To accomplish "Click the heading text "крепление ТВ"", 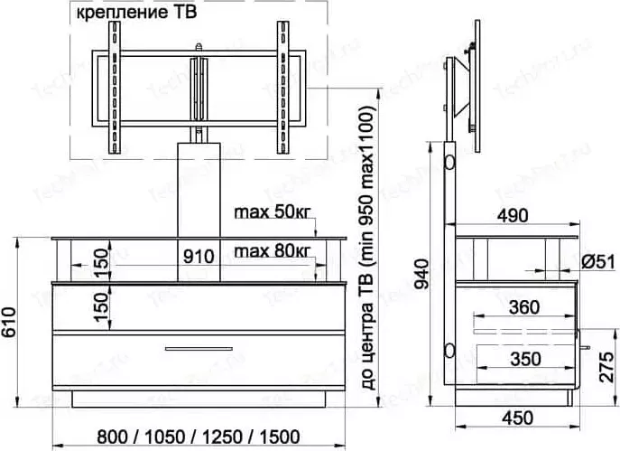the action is point(136,13).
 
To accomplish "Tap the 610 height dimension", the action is point(8,322).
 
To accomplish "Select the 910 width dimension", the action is point(199,257).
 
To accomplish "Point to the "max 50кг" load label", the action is point(273,212).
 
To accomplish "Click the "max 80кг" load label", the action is point(273,250).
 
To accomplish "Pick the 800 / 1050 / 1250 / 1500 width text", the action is point(199,437).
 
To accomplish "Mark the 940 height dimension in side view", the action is point(422,274).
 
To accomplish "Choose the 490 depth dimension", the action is point(513,216).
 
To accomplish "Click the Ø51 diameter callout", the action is point(598,262).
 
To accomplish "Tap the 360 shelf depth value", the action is point(524,307).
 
